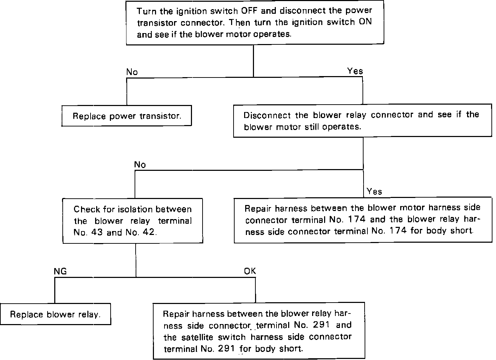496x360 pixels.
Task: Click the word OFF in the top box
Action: pyautogui.click(x=249, y=11)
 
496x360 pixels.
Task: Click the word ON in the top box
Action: pyautogui.click(x=365, y=22)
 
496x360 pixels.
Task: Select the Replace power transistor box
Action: pyautogui.click(x=127, y=116)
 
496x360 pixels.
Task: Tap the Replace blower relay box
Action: pyautogui.click(x=56, y=314)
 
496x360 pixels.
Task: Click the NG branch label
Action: pyautogui.click(x=60, y=271)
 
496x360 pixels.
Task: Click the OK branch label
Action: pyautogui.click(x=250, y=271)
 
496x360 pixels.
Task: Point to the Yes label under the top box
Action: pyautogui.click(x=355, y=71)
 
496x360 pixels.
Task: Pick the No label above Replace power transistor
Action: pyautogui.click(x=132, y=72)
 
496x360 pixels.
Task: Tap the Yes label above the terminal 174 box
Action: pyautogui.click(x=374, y=192)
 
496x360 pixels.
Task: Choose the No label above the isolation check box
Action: pyautogui.click(x=140, y=165)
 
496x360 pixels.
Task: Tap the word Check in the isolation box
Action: pyautogui.click(x=87, y=209)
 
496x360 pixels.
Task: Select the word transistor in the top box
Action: pyautogui.click(x=158, y=23)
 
